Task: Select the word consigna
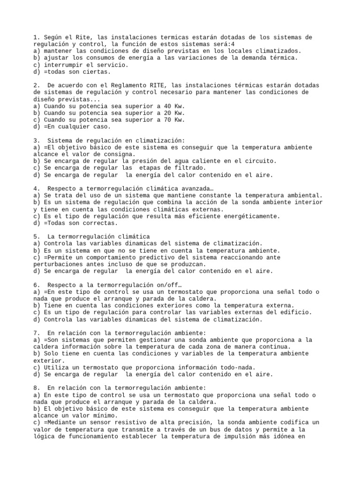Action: [119, 154]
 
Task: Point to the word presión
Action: [136, 161]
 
